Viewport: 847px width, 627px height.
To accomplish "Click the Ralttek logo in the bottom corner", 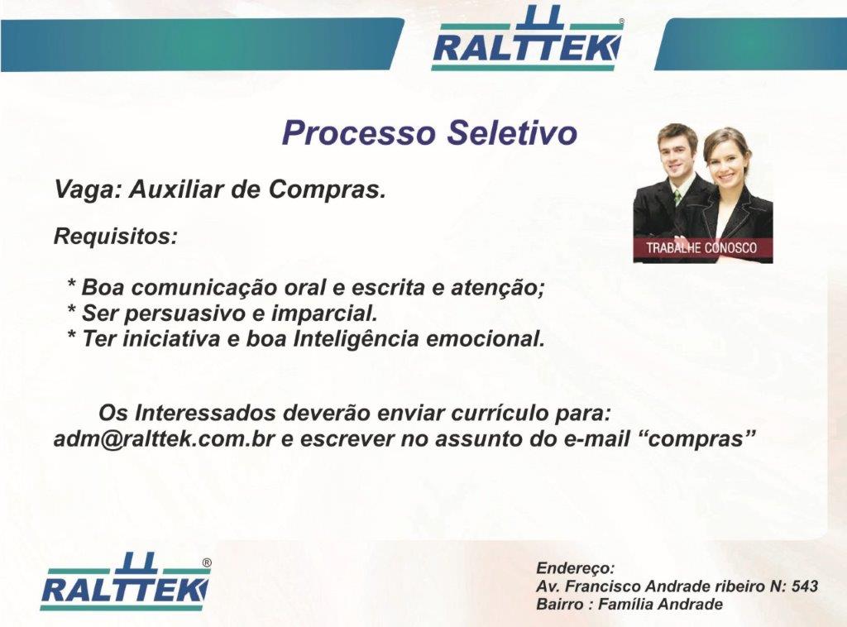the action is (x=126, y=582).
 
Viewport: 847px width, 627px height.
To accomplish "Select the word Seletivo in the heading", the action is (x=513, y=133).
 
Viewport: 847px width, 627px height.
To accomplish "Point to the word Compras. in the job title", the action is (x=328, y=190).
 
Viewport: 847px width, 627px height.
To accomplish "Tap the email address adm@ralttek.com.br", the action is (x=165, y=438).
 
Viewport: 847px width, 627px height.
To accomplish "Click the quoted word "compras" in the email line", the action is (x=695, y=438).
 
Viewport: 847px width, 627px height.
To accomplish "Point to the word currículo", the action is (x=499, y=414).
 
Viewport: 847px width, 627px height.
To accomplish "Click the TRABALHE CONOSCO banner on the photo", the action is (x=702, y=248).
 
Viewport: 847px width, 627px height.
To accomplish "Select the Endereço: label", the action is (x=576, y=568).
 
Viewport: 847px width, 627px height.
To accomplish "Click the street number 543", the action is (x=805, y=586).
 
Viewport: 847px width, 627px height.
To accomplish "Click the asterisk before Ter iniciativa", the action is (x=71, y=335).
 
